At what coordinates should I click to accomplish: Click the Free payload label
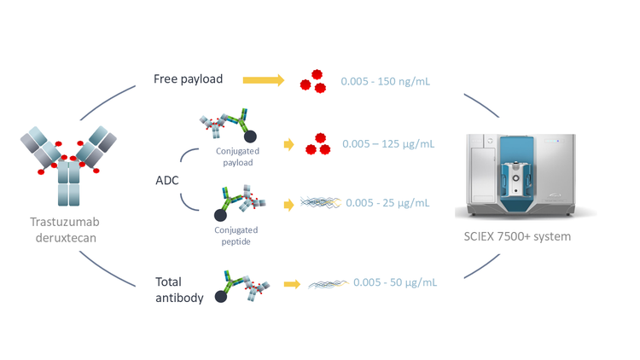[x=188, y=79]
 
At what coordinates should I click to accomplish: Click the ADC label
[x=166, y=181]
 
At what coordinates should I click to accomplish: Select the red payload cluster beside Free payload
[x=312, y=82]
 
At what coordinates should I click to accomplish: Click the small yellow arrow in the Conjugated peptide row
[x=288, y=204]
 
